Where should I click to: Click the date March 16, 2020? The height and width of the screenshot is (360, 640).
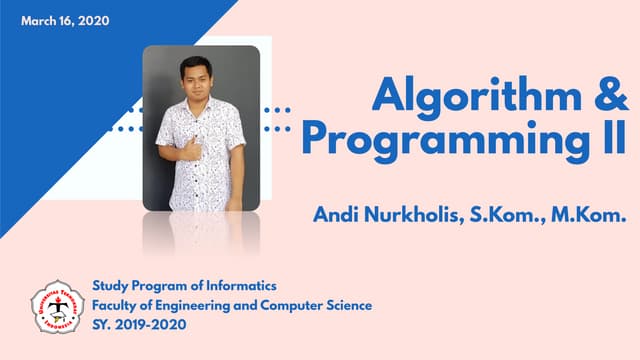[65, 20]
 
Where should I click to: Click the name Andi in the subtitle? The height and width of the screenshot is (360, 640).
[333, 213]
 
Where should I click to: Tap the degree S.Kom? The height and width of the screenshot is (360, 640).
[502, 213]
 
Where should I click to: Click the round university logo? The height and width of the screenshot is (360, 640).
[58, 307]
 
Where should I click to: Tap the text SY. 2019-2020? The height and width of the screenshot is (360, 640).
[138, 325]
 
